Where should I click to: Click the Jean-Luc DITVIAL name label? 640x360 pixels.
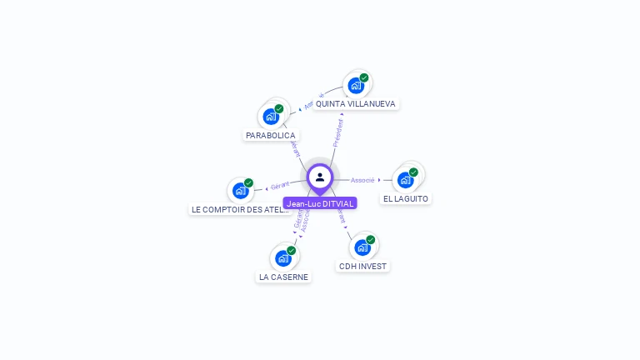pyautogui.click(x=320, y=203)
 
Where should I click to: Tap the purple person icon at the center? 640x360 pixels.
pyautogui.click(x=320, y=177)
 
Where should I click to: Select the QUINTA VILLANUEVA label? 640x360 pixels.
pyautogui.click(x=356, y=104)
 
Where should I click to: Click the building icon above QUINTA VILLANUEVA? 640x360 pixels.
pyautogui.click(x=356, y=85)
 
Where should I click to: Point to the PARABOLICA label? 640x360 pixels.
pyautogui.click(x=270, y=135)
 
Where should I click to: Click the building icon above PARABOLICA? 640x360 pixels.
pyautogui.click(x=271, y=116)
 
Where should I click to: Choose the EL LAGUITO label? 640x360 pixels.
pyautogui.click(x=406, y=199)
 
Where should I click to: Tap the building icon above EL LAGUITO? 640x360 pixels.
pyautogui.click(x=405, y=179)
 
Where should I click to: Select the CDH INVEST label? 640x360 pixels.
pyautogui.click(x=362, y=267)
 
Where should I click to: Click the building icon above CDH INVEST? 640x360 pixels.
pyautogui.click(x=362, y=247)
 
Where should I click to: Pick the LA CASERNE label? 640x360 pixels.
pyautogui.click(x=283, y=277)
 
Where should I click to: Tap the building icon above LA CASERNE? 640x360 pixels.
pyautogui.click(x=283, y=257)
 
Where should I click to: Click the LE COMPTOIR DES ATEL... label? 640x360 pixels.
pyautogui.click(x=240, y=210)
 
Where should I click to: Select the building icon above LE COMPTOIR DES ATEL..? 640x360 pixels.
pyautogui.click(x=241, y=190)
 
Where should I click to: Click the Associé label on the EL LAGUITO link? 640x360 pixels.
pyautogui.click(x=362, y=180)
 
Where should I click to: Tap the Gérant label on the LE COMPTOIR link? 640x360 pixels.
pyautogui.click(x=280, y=186)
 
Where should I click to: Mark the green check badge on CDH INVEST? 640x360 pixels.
pyautogui.click(x=371, y=240)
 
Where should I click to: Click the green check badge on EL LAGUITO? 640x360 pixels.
pyautogui.click(x=413, y=172)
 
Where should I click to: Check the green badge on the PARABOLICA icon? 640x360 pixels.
pyautogui.click(x=279, y=109)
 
